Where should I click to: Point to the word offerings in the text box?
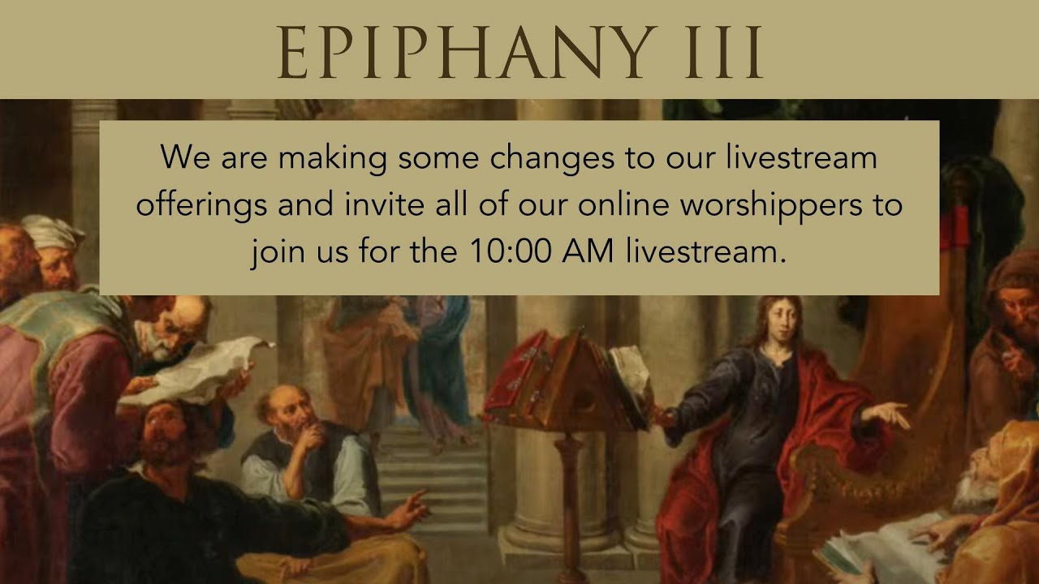(202, 205)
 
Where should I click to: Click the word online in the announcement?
(624, 205)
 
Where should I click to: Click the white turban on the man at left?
(52, 231)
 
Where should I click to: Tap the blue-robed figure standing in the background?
(442, 357)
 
